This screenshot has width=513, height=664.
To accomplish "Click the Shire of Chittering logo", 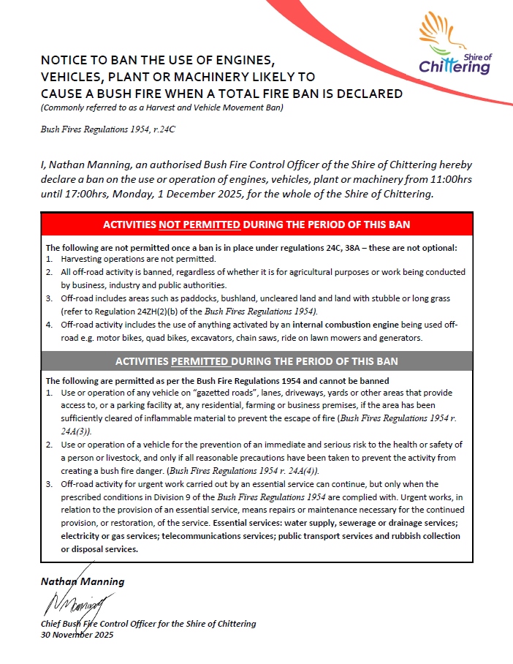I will click(455, 45).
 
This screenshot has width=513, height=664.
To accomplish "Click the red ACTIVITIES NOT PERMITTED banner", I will click(256, 224).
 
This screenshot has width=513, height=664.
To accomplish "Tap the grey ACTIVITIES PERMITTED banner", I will click(256, 361).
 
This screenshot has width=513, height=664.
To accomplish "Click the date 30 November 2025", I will click(77, 634).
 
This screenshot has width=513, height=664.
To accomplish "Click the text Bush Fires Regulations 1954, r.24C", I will click(107, 129).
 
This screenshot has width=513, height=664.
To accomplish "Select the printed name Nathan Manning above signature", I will click(83, 581).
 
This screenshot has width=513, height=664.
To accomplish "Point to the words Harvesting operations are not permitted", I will click(139, 260).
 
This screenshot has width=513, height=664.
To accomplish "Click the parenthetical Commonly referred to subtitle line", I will click(161, 108).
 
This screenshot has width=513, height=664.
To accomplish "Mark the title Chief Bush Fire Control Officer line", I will click(148, 624).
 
